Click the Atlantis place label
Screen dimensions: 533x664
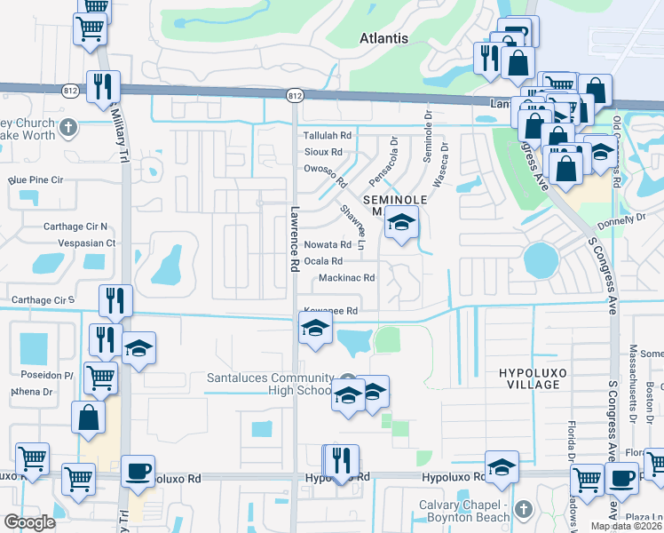(384, 38)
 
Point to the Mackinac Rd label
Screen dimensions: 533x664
(346, 278)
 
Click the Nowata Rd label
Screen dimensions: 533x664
(328, 244)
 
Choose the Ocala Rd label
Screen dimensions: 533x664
(323, 261)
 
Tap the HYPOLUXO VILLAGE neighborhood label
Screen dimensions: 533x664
(530, 378)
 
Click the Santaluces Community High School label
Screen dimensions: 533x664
(270, 384)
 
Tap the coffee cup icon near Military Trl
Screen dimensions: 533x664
(137, 473)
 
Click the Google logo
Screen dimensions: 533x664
(30, 521)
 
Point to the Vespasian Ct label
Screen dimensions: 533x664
(87, 243)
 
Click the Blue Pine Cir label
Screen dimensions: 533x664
(36, 180)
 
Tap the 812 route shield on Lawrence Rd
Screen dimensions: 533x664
(295, 94)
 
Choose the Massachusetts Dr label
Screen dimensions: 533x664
(633, 382)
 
